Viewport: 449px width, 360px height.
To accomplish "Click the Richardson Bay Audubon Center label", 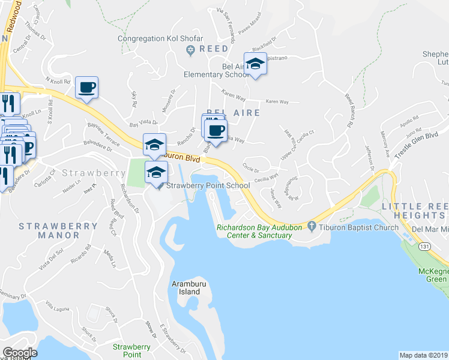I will coord(255,231).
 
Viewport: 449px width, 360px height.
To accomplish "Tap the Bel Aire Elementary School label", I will coord(217,70).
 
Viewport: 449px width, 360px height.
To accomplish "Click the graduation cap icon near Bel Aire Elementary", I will coord(255,64).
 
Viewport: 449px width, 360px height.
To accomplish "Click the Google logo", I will coord(20,353).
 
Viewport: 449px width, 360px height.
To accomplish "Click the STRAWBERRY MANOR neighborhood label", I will coord(58,230).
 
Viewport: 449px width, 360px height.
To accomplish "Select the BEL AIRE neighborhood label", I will coord(233,112).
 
